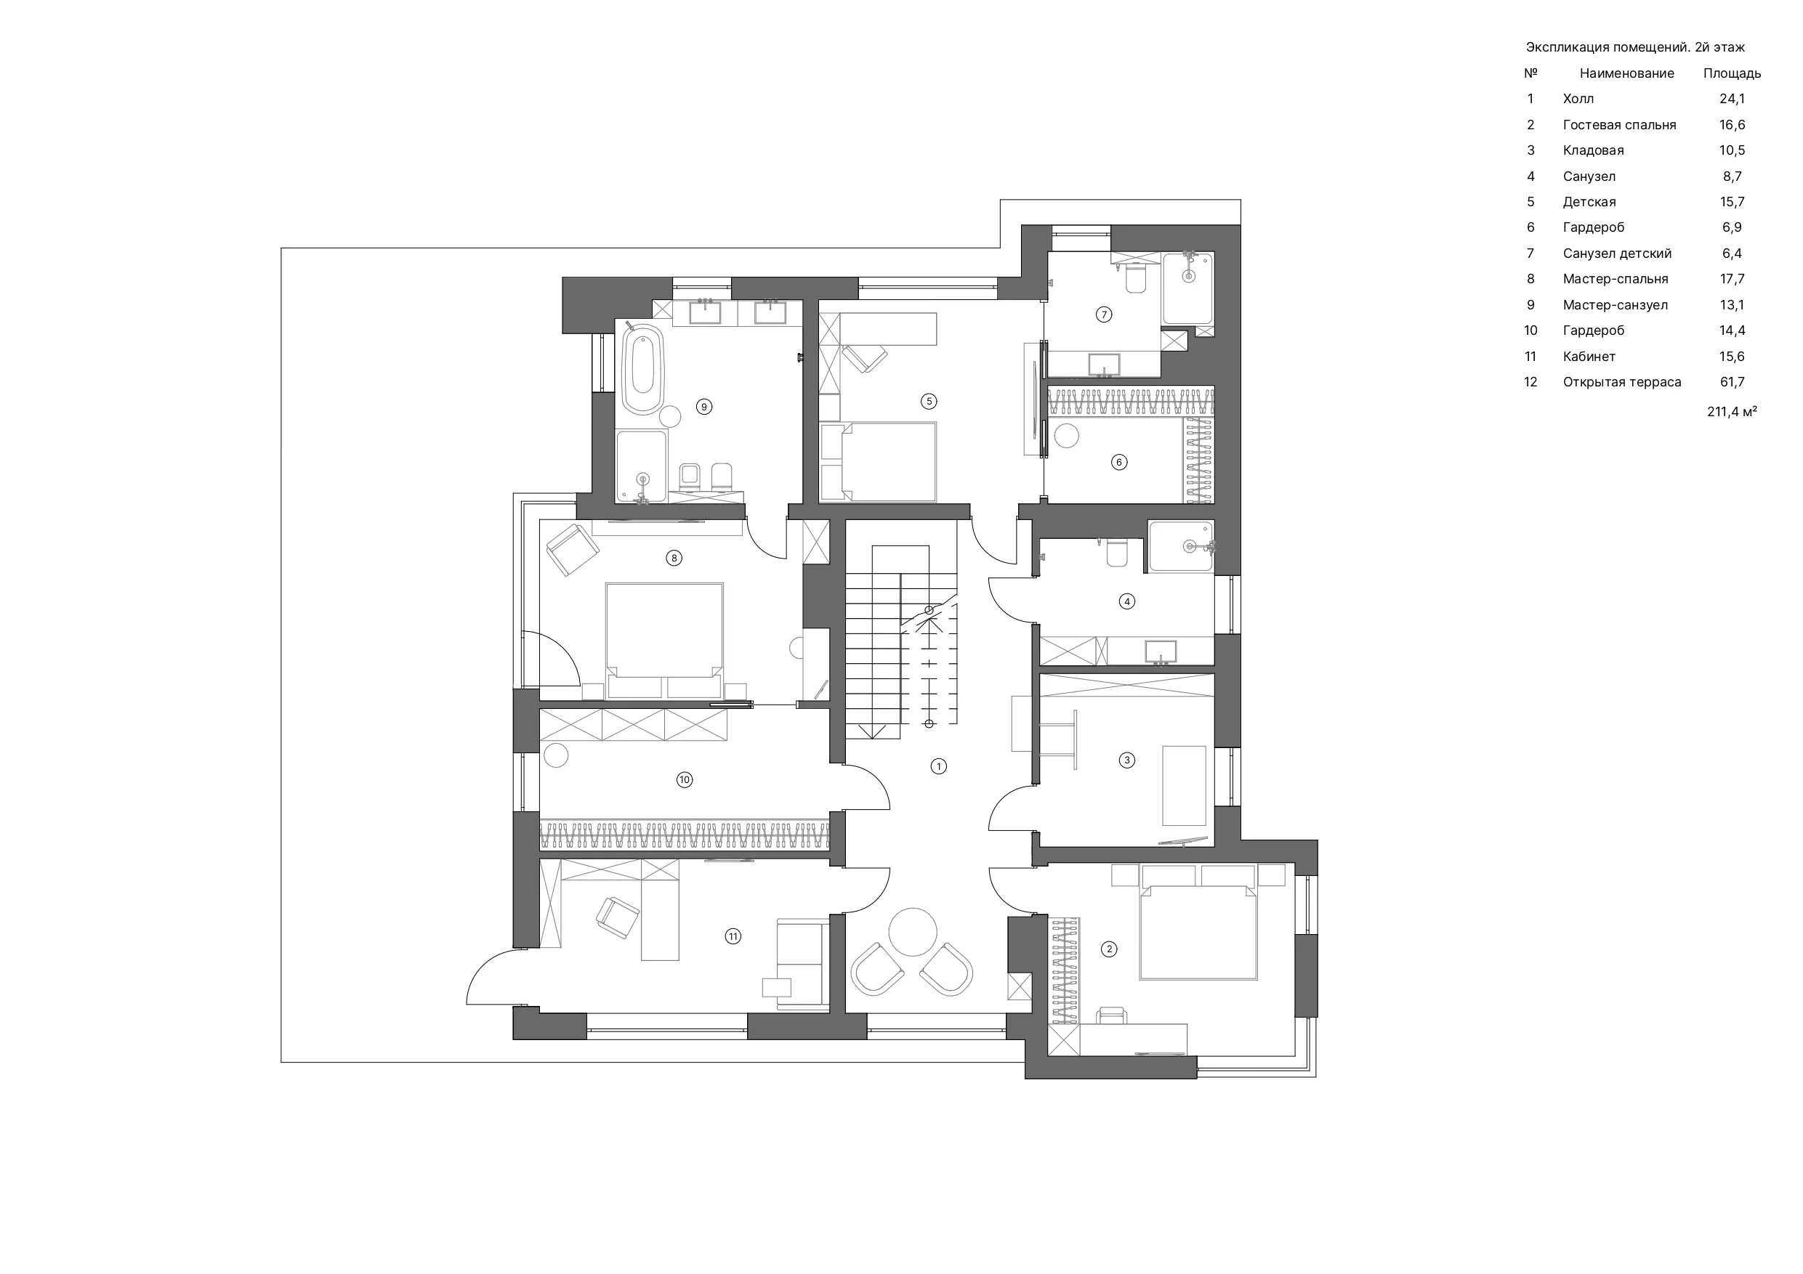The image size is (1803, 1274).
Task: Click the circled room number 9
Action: (704, 407)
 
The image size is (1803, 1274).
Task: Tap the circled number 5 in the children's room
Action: (929, 401)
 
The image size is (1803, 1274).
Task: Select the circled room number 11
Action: (733, 936)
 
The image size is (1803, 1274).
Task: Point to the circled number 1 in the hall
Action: (938, 766)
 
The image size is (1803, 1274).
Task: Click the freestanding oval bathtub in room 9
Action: (643, 370)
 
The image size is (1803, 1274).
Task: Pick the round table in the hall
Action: (913, 931)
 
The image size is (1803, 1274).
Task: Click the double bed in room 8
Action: (664, 640)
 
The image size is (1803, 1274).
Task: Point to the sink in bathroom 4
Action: (1161, 652)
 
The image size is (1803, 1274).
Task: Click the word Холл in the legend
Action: (1578, 99)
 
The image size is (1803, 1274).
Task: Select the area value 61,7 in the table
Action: (1733, 382)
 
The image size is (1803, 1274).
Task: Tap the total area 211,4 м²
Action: (1733, 411)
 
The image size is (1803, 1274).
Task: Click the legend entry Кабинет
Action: (1589, 357)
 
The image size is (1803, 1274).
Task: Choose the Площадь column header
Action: (1733, 74)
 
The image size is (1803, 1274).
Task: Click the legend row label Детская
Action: (1589, 202)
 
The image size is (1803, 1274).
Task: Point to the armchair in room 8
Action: (573, 550)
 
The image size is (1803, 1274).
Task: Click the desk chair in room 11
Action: (618, 917)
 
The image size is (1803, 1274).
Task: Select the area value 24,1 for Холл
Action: (1733, 99)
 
